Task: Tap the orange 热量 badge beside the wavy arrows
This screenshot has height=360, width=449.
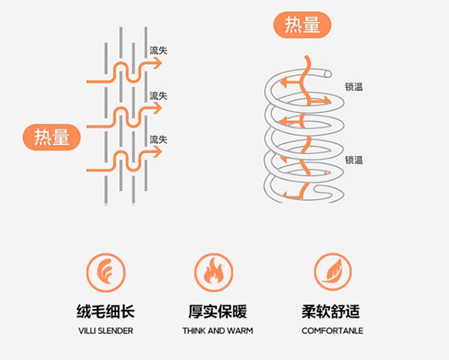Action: coord(51,137)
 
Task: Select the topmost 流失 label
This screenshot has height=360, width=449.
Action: coord(158,51)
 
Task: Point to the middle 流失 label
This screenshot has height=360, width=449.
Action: coord(158,96)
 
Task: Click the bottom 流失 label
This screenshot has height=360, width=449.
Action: coord(158,139)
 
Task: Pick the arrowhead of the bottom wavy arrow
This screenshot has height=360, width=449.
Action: coord(157,152)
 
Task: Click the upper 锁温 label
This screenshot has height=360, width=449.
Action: coord(353,87)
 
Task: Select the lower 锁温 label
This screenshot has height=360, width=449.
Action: coord(353,160)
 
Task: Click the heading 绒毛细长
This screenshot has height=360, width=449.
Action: coord(105,312)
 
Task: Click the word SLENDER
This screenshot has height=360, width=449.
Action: coord(117,331)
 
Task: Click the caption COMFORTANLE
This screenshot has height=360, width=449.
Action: coord(332,331)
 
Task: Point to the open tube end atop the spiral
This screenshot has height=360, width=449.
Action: coord(326,72)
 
